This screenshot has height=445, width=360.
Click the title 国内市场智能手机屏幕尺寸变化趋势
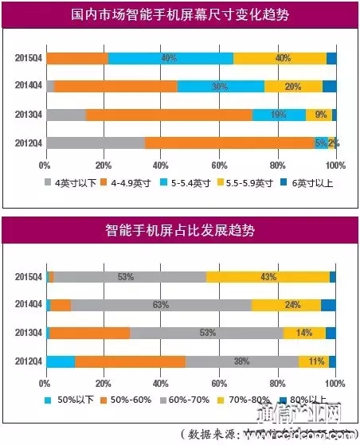click(180, 15)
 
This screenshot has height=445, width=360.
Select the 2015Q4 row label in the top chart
click(25, 58)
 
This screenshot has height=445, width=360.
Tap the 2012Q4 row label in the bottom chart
click(25, 361)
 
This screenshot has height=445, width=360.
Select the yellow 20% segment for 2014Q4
click(293, 87)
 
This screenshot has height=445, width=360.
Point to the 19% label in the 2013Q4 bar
click(279, 115)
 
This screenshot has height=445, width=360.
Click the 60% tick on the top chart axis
click(219, 166)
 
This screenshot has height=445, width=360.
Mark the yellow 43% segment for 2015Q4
click(268, 276)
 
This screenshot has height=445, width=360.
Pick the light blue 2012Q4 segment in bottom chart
click(61, 361)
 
